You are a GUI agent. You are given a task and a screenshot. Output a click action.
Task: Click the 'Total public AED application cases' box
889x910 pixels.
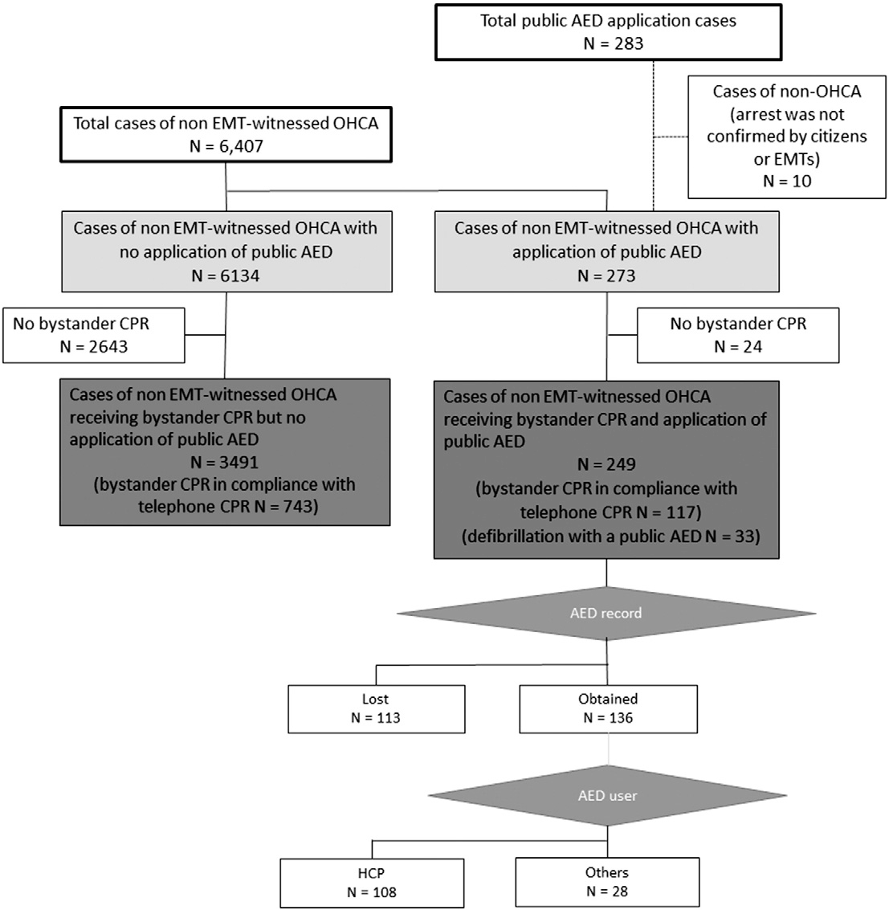coord(608,32)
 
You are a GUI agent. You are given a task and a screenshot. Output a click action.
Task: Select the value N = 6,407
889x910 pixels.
coord(226,145)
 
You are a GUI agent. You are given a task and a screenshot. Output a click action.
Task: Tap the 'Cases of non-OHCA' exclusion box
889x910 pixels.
coord(787,137)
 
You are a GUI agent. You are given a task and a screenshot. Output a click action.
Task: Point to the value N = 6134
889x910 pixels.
coord(226,275)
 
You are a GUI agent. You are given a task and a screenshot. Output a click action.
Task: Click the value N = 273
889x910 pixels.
coord(606,275)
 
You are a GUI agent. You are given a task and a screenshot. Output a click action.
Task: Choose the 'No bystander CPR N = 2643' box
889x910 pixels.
coord(94,336)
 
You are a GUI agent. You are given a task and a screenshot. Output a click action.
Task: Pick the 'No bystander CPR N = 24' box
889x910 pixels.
coord(738,336)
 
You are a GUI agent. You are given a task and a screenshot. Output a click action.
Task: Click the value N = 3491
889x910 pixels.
coord(225,462)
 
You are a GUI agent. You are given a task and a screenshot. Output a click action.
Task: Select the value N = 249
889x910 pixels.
coord(606,464)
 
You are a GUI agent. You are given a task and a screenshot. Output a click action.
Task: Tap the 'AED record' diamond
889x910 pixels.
coord(606,614)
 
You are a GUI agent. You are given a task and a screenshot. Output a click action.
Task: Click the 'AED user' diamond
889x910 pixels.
coord(608,796)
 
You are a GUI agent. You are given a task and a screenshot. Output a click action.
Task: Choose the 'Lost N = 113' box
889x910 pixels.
coord(377,709)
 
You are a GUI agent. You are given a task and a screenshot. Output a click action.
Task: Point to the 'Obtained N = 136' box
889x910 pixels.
coord(608,709)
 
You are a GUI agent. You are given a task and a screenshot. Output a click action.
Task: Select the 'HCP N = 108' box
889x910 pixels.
coord(372,883)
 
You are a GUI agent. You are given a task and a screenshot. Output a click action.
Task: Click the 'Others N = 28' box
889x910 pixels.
coord(607,882)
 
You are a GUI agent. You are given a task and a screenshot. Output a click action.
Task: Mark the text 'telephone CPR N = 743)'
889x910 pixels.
coord(228,507)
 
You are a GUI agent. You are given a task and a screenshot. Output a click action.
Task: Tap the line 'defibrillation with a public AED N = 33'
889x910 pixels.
coord(611,537)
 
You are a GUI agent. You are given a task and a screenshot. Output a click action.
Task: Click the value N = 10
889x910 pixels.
coord(787,181)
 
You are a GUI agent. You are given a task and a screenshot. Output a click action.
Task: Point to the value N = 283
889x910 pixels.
coord(614,43)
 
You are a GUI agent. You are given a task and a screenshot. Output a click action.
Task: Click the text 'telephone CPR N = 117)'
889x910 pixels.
coord(610,512)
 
